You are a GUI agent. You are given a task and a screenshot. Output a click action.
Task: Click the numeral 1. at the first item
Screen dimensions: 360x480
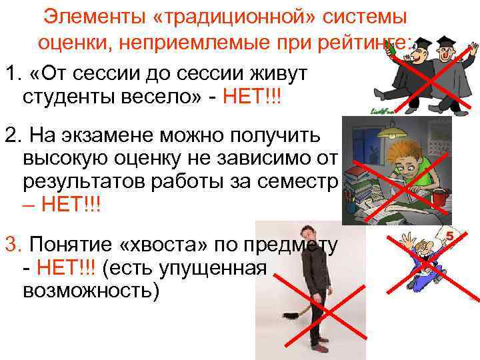(x=12, y=71)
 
